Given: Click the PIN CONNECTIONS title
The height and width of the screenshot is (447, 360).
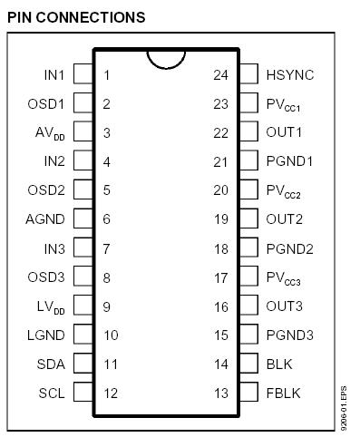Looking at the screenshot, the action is coord(76,17).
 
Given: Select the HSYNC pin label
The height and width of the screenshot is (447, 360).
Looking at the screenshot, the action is coord(290,74).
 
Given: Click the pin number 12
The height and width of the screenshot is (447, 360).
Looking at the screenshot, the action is coord(111,394).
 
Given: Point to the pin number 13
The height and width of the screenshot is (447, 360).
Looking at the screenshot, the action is coord(219,394).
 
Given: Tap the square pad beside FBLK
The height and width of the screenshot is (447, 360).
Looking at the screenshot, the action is coord(249,394).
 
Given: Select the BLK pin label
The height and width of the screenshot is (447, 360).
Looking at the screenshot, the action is coord(279,364).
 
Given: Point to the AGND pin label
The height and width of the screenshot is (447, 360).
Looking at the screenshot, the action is coord(44,219).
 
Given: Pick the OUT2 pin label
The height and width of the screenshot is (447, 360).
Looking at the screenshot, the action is coord(284,219).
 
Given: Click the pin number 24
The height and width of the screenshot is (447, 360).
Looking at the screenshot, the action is coord(219,74).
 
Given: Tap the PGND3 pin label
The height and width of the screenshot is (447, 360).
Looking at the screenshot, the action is coord(289,335).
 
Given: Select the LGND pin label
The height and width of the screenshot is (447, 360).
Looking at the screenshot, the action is coord(45,335).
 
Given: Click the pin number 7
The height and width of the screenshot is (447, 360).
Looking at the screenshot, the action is coord(107,248).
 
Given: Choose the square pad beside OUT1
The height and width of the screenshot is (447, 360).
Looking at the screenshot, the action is coord(249,132).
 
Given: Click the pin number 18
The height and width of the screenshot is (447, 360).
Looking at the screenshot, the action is coord(219,248).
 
